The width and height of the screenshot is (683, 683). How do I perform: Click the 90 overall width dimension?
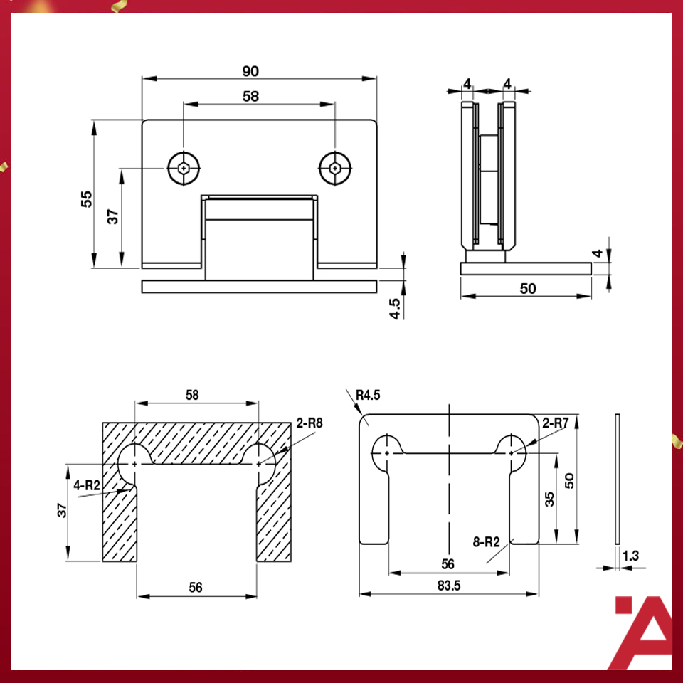coord(250,71)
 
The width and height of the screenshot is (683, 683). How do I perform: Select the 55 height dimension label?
coord(86,198)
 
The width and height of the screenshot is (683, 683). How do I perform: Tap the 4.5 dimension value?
coord(396,307)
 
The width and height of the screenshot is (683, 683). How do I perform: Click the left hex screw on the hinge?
coord(184,169)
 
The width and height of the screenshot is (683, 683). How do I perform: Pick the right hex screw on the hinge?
coord(334,169)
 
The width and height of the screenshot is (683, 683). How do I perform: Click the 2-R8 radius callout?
coord(310,423)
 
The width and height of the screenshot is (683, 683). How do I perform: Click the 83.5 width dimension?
coord(448,586)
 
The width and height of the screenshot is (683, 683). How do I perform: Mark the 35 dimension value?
coord(549,498)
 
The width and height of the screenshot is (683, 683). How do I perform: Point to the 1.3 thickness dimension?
coord(630,556)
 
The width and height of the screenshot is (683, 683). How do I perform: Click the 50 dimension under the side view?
coord(527,288)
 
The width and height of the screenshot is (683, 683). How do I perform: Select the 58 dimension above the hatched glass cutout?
coord(192,394)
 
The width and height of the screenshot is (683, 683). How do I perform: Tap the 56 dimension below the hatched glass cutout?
coord(196,587)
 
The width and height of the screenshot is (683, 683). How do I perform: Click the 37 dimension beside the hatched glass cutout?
coord(62,509)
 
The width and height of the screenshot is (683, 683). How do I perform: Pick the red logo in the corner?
coord(642,632)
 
